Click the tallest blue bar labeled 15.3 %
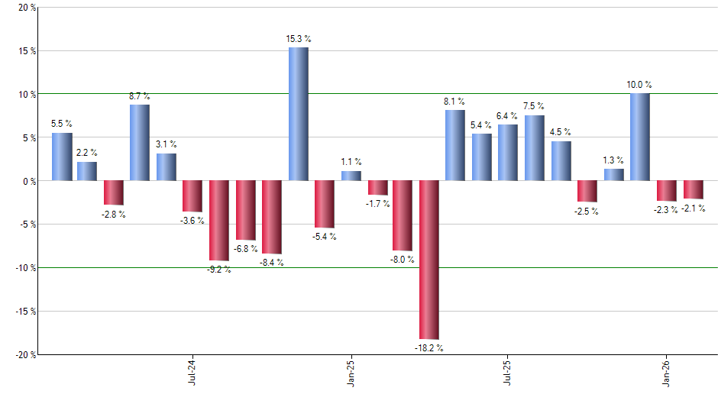[x=298, y=115]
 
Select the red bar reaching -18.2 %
[x=429, y=260]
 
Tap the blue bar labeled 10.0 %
[x=639, y=137]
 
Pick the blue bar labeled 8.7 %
[x=140, y=143]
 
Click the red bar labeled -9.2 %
[x=219, y=221]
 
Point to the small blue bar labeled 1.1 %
[x=351, y=176]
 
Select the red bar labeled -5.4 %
[x=324, y=204]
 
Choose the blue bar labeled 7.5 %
[x=534, y=148]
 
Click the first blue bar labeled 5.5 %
[x=62, y=157]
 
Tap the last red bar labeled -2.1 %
[x=693, y=189]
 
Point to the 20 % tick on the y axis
[x=26, y=8]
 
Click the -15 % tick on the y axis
[x=24, y=312]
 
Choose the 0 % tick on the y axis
[x=29, y=181]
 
